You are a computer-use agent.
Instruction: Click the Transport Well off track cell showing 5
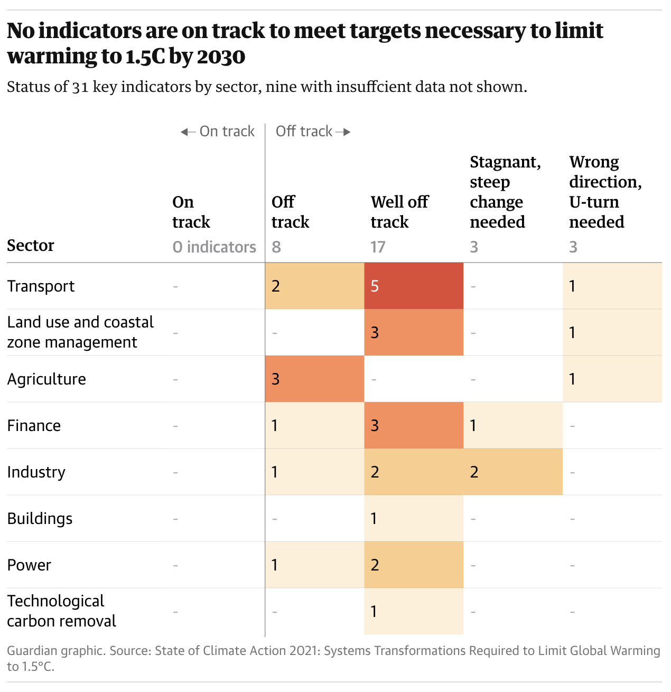(x=414, y=286)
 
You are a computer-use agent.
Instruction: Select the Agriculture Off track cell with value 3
(x=314, y=379)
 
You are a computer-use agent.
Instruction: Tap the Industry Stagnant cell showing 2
(x=512, y=472)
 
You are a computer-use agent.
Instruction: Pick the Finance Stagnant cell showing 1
(x=512, y=425)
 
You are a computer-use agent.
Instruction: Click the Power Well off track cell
(x=414, y=565)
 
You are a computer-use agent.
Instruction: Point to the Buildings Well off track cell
(x=414, y=518)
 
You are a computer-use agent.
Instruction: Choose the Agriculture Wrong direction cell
(x=612, y=379)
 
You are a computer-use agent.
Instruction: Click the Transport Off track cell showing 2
(x=314, y=286)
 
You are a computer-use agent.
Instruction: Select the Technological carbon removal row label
(x=61, y=611)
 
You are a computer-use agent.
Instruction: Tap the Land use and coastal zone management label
(x=80, y=332)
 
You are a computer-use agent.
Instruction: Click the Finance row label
(x=34, y=425)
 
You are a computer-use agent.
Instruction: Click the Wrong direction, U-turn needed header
(x=605, y=191)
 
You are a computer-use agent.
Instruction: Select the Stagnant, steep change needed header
(x=505, y=191)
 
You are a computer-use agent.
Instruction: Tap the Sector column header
(x=31, y=245)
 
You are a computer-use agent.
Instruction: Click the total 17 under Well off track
(x=378, y=247)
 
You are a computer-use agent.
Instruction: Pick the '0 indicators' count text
(x=214, y=247)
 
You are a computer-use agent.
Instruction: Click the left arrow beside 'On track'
(x=188, y=132)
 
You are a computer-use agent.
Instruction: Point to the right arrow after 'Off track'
(x=343, y=132)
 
